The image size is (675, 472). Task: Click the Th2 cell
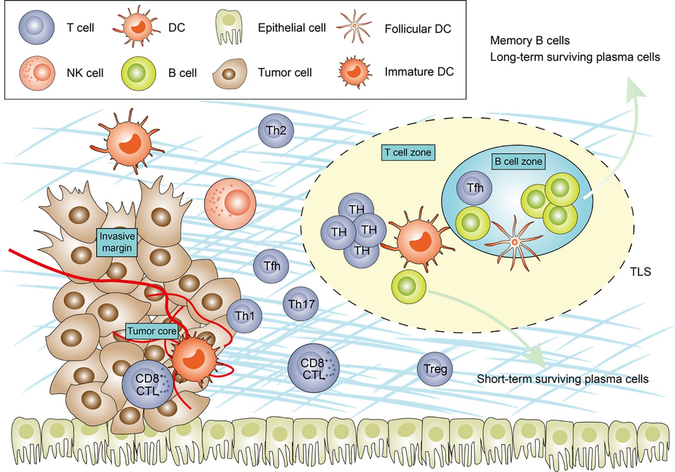[x=276, y=131]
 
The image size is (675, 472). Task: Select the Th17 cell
[x=301, y=304]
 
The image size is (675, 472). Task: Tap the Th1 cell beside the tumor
[x=244, y=316]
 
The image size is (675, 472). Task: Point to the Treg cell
[x=435, y=369]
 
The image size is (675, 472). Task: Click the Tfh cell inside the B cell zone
[x=475, y=188]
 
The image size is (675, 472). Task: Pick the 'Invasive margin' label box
[x=117, y=242]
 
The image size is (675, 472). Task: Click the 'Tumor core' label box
[x=152, y=331]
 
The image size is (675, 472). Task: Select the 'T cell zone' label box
[x=408, y=153]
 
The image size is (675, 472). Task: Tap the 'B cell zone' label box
[x=518, y=161]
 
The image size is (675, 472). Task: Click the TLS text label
[x=641, y=272]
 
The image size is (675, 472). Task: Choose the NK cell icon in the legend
[x=37, y=73]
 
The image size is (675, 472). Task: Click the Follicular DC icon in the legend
[x=354, y=27]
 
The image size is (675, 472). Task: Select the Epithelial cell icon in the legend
[x=229, y=28]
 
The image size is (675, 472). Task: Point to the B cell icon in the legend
[x=138, y=73]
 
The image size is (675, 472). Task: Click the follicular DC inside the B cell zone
[x=515, y=242]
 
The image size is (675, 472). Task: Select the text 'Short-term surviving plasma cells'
[x=562, y=379]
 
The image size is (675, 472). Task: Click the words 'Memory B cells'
[x=530, y=40]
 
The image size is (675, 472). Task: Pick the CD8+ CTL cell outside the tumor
[x=314, y=368]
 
